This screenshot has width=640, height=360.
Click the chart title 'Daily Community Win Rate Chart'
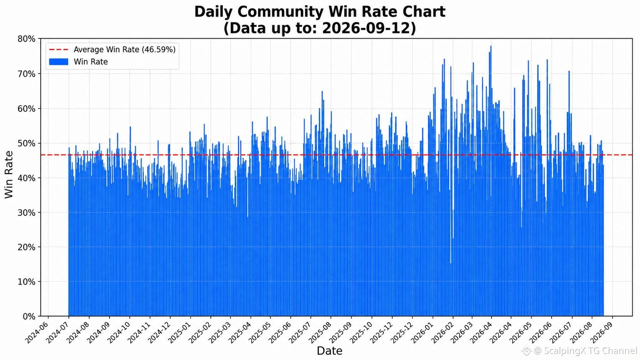320,12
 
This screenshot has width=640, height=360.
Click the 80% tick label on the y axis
26,39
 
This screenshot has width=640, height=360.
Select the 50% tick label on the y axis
26,143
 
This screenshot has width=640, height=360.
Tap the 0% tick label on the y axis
29,316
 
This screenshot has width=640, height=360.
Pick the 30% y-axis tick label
26,213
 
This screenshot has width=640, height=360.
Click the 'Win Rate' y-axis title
9,175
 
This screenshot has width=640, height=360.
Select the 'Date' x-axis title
330,350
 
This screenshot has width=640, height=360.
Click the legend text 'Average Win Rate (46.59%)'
124,49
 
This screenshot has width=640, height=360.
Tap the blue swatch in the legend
59,62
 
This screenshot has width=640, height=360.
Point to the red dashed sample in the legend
59,49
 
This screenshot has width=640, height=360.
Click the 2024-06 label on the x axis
37,332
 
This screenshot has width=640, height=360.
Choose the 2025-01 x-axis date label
180,332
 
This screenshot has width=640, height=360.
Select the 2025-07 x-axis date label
300,332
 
